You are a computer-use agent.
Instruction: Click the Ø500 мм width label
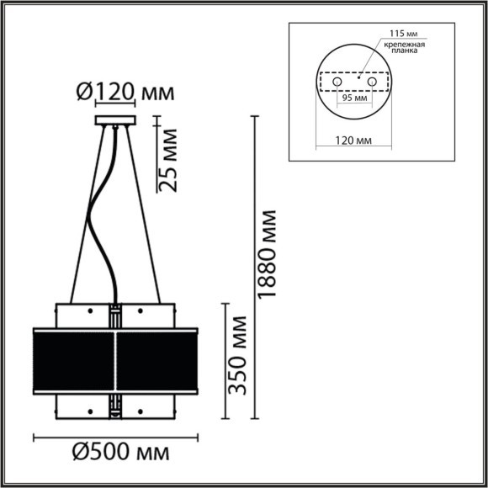120,453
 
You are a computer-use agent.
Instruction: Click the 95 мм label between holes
353,98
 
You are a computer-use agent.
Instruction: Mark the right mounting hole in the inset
370,84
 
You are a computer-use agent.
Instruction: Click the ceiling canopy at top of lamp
115,124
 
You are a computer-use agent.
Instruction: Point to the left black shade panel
72,359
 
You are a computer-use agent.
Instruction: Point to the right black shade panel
157,359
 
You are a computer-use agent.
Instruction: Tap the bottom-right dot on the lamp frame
138,411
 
